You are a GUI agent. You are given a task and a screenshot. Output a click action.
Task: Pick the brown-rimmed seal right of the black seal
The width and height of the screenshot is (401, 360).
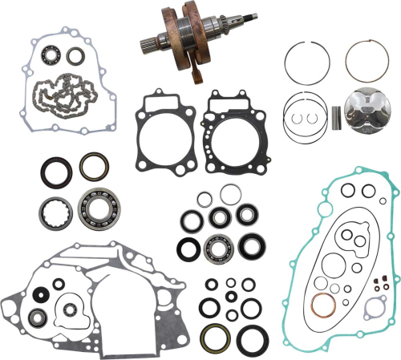90,166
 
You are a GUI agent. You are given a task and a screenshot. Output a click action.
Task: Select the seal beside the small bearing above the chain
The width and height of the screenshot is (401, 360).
76,55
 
